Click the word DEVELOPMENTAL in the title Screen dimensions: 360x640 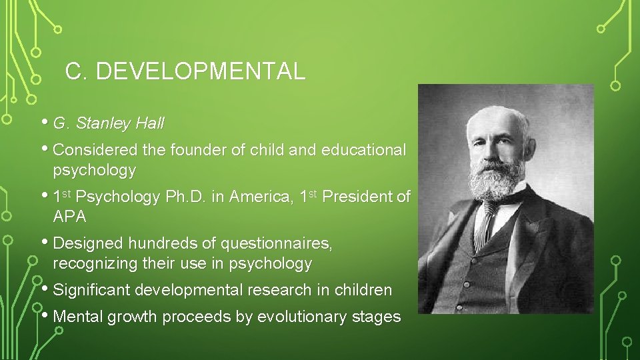coord(201,71)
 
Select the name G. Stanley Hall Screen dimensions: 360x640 coord(109,123)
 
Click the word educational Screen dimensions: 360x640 coord(363,150)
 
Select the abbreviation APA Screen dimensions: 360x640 coord(69,217)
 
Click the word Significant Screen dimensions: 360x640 coord(91,290)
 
